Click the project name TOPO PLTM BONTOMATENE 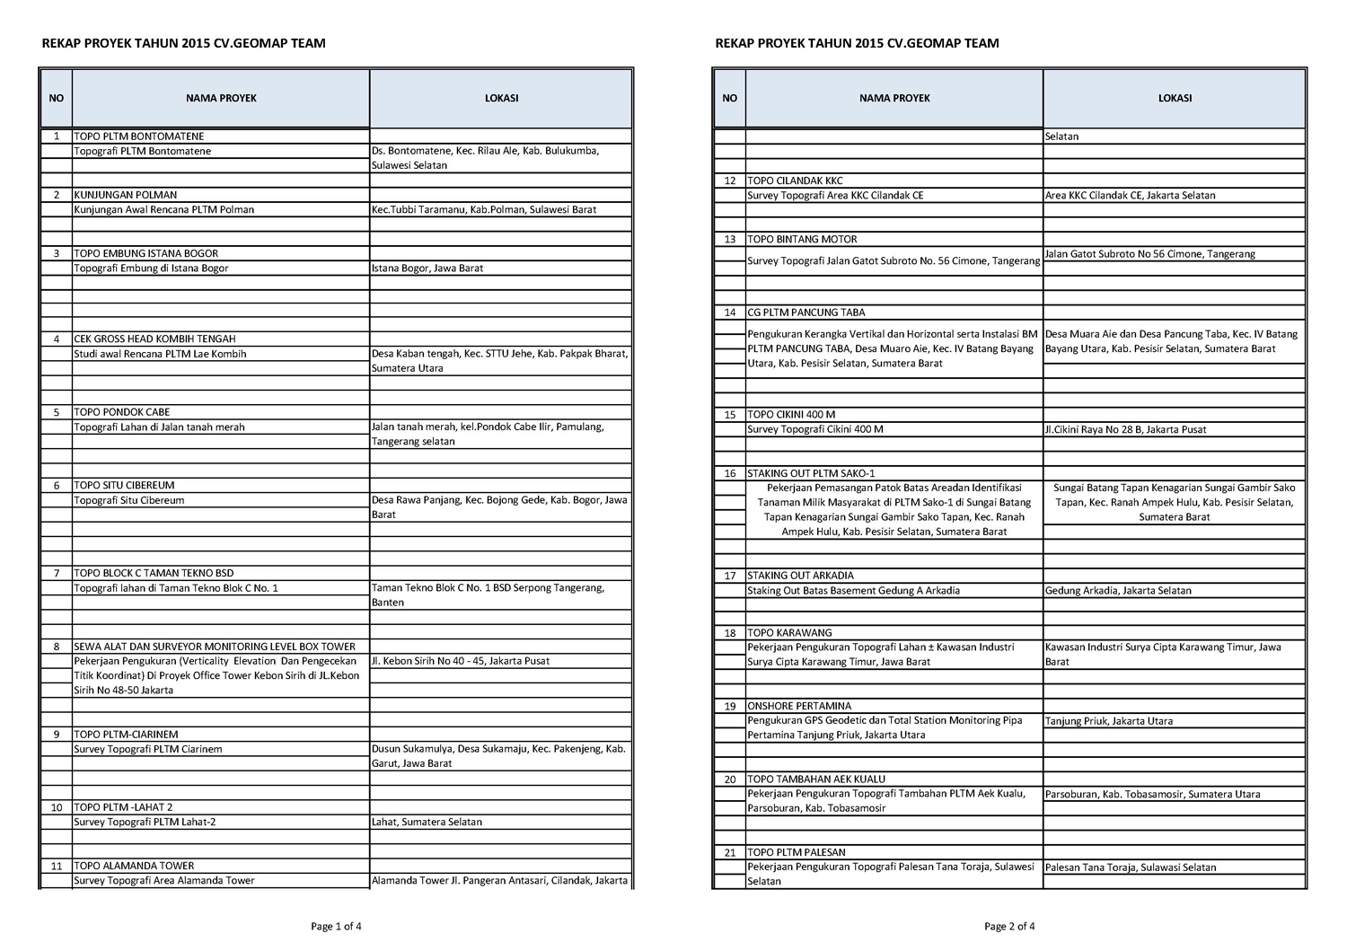point(139,136)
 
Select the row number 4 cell point(57,339)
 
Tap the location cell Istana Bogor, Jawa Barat point(427,269)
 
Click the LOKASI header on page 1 point(501,99)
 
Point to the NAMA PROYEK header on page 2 point(894,99)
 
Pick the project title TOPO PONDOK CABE point(122,413)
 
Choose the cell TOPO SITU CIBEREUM point(125,486)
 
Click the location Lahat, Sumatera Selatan point(427,823)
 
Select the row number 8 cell point(57,647)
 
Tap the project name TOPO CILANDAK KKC point(796,181)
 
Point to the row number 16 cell point(730,473)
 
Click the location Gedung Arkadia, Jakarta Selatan point(1119,591)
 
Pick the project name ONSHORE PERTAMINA point(800,707)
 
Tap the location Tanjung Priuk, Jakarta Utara point(1109,721)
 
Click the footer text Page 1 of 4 point(337,927)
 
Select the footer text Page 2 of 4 point(1009,927)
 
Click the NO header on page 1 point(57,99)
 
